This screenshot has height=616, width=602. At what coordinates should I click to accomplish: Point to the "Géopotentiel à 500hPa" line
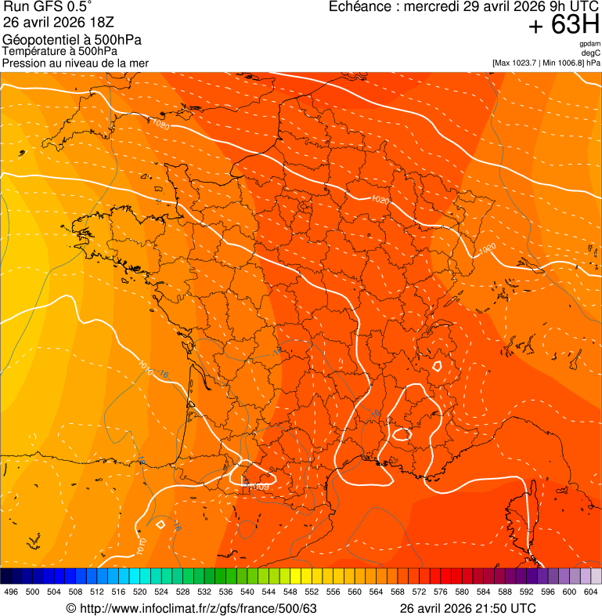(72, 40)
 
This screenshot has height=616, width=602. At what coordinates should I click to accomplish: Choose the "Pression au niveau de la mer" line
(75, 63)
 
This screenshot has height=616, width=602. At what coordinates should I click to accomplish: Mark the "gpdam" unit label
(589, 44)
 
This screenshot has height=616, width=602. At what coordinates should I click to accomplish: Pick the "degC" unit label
(591, 53)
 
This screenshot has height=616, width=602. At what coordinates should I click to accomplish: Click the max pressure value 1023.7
(524, 63)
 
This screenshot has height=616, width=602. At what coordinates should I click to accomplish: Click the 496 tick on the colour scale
(11, 592)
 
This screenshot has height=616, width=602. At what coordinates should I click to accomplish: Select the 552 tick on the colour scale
(312, 592)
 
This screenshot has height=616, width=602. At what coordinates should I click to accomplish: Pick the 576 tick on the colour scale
(441, 592)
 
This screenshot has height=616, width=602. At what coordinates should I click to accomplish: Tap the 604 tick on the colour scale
(591, 592)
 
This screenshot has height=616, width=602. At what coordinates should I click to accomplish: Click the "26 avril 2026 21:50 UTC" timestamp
(468, 608)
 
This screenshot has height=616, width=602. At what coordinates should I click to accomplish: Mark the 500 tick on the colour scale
(33, 592)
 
